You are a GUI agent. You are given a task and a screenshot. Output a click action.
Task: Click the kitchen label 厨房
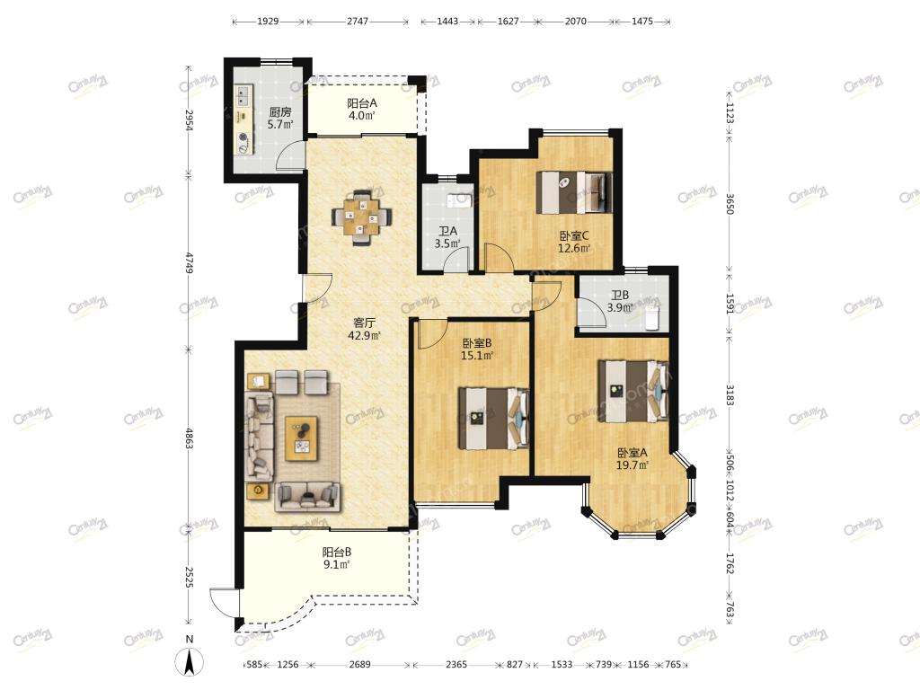280,111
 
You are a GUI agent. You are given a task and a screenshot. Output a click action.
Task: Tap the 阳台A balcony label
362,102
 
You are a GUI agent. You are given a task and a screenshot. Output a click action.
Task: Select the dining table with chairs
361,217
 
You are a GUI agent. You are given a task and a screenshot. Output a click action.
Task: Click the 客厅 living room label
365,323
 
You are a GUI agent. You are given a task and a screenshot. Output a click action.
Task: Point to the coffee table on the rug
302,438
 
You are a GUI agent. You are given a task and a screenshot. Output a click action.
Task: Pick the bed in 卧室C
574,192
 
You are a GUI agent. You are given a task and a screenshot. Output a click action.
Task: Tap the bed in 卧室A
633,392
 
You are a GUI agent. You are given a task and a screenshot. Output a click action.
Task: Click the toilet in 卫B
652,317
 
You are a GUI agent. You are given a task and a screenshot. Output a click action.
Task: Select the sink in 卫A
460,200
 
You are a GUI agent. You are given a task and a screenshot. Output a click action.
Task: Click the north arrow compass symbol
189,663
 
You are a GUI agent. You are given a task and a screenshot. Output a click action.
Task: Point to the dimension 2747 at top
358,22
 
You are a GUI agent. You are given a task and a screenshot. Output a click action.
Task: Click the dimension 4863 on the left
189,438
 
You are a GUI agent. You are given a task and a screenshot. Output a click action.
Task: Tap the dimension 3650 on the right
730,203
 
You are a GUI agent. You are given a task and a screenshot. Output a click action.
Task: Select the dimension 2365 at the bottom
456,664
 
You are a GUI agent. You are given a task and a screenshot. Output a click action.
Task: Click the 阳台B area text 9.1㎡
337,564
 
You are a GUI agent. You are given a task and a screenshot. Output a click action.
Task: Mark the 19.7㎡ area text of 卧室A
632,465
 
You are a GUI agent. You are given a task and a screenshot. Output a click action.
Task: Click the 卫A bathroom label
447,231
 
